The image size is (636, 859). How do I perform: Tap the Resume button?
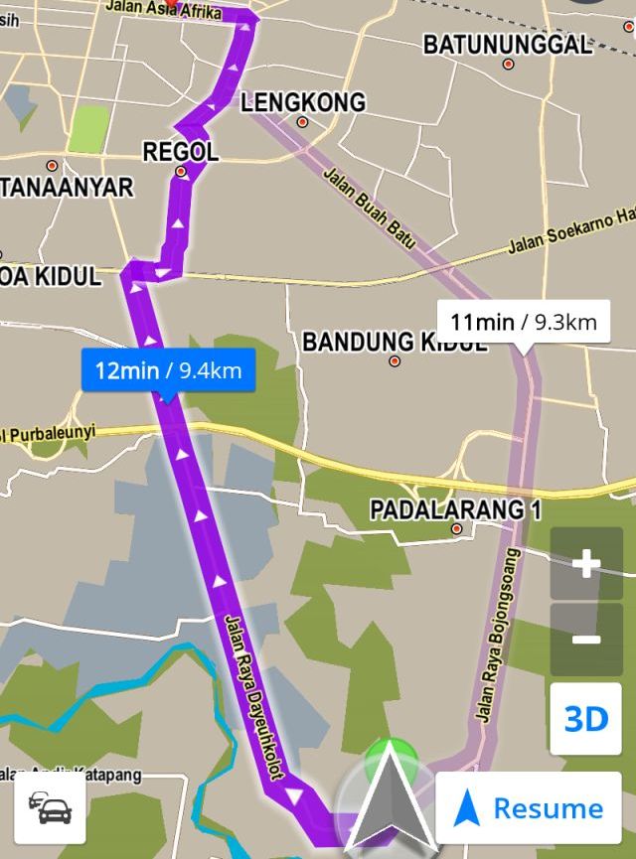pos(528,808)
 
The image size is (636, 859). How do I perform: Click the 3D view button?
pos(585,718)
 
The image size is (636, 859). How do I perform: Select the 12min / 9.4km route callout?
pos(167,370)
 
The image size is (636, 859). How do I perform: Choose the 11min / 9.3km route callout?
pos(522,322)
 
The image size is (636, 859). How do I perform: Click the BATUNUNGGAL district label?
pos(508,45)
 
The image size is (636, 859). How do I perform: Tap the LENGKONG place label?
pos(302,102)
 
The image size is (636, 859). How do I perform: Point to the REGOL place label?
pos(180,152)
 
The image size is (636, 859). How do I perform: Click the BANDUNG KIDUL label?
pos(395,343)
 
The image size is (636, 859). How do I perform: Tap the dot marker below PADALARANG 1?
pos(457,529)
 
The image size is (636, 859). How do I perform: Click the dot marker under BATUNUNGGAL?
pos(509,65)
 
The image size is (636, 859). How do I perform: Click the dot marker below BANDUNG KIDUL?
pos(395,361)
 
